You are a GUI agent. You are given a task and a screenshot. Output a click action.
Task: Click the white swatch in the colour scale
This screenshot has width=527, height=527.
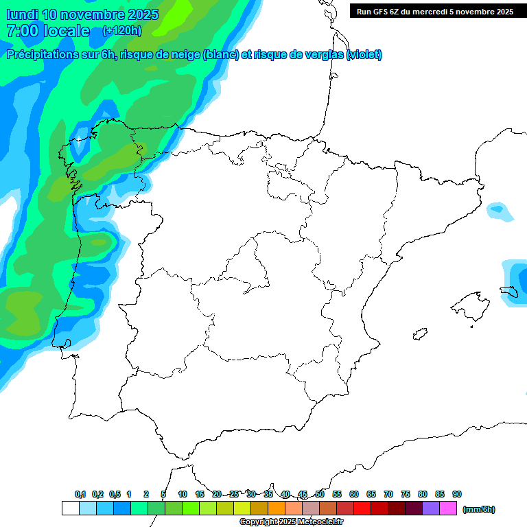(x=70, y=508)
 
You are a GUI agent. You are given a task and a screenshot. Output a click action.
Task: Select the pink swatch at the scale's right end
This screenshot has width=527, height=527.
(x=448, y=508)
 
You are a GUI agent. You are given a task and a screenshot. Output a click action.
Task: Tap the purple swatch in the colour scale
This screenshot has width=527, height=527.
(x=431, y=508)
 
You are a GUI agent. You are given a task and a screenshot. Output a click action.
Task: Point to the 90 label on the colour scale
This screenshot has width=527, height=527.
(x=457, y=494)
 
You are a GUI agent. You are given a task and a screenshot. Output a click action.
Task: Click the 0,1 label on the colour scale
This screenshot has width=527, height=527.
(x=80, y=494)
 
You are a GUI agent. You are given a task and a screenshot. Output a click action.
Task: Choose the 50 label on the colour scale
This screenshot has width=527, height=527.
(x=320, y=494)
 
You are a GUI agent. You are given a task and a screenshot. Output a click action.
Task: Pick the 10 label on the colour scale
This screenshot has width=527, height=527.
(x=183, y=494)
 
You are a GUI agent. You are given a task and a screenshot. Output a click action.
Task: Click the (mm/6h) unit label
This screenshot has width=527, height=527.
(x=479, y=509)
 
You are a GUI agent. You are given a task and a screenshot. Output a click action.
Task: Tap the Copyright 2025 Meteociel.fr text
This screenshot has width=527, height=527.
(x=292, y=522)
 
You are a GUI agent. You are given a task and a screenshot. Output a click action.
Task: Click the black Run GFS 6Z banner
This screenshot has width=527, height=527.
(x=435, y=12)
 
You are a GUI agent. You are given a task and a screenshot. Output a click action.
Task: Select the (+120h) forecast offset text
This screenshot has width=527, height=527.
(x=121, y=30)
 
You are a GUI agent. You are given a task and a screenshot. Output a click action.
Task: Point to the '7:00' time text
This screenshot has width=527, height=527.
(x=21, y=31)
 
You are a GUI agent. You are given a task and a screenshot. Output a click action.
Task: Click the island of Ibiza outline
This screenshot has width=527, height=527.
(x=419, y=334)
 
